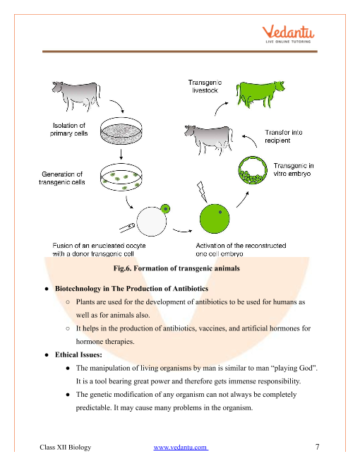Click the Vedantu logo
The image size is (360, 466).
pyautogui.click(x=288, y=34)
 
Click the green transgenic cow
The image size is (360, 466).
pyautogui.click(x=260, y=94)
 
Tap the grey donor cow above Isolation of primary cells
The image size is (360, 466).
pyautogui.click(x=76, y=96)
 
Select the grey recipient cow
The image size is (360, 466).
pyautogui.click(x=208, y=139)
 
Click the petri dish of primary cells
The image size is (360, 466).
pyautogui.click(x=121, y=131)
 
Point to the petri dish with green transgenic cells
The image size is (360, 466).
pyautogui.click(x=121, y=177)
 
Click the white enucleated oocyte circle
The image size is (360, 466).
pyautogui.click(x=152, y=222)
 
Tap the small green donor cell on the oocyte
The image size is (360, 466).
pyautogui.click(x=165, y=208)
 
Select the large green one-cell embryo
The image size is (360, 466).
pyautogui.click(x=215, y=219)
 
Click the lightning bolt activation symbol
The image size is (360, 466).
pyautogui.click(x=202, y=191)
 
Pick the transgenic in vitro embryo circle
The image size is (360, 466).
pyautogui.click(x=253, y=170)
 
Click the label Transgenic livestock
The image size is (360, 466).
pyautogui.click(x=205, y=86)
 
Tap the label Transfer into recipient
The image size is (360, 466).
pyautogui.click(x=283, y=136)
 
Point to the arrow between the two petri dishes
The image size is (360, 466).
pyautogui.click(x=121, y=154)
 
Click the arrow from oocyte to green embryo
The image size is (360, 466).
pyautogui.click(x=182, y=230)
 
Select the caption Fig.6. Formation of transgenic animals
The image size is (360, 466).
pyautogui.click(x=176, y=268)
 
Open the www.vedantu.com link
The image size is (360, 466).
pyautogui.click(x=181, y=447)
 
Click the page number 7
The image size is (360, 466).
pyautogui.click(x=317, y=447)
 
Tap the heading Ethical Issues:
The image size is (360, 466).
pyautogui.click(x=78, y=354)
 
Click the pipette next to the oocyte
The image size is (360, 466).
pyautogui.click(x=127, y=227)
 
